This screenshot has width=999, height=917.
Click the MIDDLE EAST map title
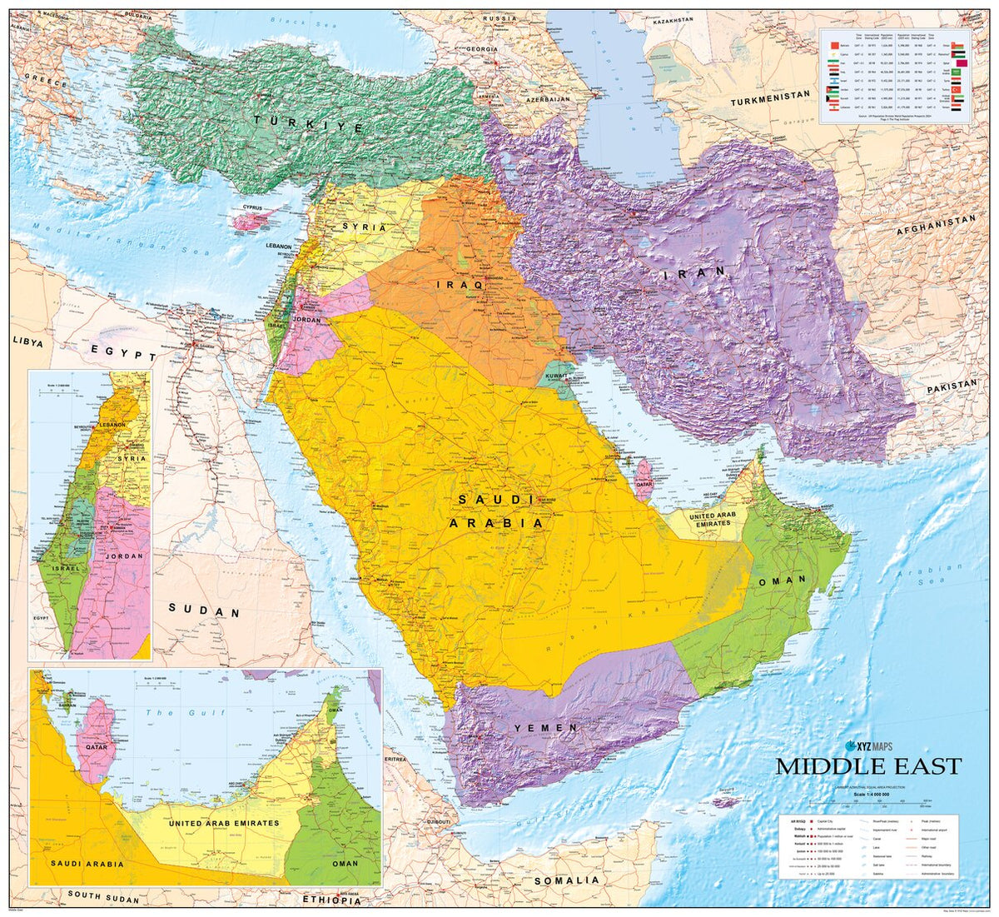coord(868,766)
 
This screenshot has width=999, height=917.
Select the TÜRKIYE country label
coord(309,124)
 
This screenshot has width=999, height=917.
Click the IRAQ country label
coord(460,285)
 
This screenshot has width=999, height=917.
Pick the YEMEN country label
coord(545,728)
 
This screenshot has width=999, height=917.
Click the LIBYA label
coord(27,341)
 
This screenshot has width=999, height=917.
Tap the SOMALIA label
coord(566,880)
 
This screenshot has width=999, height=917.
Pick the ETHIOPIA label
coord(332,900)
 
